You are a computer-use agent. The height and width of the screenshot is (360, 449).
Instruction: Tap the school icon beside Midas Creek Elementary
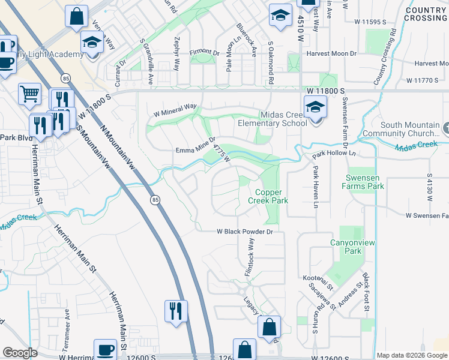(315, 108)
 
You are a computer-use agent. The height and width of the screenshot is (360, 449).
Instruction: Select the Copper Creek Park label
(268, 197)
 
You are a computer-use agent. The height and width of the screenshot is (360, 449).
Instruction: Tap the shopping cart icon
(29, 94)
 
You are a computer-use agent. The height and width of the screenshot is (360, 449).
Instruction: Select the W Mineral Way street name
(175, 110)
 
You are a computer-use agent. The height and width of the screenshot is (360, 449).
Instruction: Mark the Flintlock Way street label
(249, 257)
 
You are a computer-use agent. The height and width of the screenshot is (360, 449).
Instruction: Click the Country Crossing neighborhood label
(426, 14)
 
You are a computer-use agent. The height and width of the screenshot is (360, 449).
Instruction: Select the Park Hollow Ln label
(334, 155)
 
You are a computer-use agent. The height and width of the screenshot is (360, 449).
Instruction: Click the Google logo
(20, 353)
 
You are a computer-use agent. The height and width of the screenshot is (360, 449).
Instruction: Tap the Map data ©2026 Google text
(412, 355)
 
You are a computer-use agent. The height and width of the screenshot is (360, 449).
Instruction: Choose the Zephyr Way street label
(176, 60)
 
